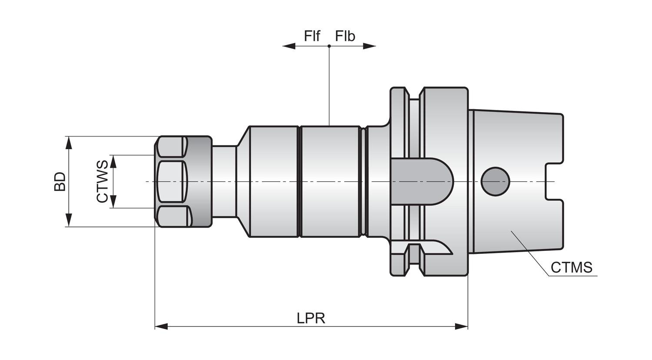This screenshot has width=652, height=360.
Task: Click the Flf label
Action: click(312, 36)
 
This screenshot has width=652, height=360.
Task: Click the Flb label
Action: click(345, 36)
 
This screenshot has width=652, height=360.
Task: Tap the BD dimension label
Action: click(60, 181)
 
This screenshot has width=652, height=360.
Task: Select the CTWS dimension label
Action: click(102, 181)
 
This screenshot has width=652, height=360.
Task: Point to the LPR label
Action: click(311, 318)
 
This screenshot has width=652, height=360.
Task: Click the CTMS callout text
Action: click(572, 267)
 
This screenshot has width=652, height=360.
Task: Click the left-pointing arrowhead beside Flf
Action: click(289, 46)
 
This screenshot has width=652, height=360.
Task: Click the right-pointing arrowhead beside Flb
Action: click(369, 46)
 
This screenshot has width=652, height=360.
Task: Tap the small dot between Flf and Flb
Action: click(329, 46)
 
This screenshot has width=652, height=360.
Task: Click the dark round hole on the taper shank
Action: click(495, 181)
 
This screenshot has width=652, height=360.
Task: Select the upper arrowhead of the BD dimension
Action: click(69, 143)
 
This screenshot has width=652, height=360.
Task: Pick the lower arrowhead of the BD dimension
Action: click(69, 220)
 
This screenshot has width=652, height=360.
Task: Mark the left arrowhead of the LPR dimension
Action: click(161, 327)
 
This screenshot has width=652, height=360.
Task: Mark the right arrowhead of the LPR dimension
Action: click(461, 327)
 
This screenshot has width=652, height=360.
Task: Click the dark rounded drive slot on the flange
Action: click(422, 181)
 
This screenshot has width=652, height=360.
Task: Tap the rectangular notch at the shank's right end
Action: click(554, 181)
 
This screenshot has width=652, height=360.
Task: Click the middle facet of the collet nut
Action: click(170, 181)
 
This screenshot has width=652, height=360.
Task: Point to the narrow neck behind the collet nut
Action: click(224, 181)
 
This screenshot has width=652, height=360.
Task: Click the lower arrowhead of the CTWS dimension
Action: click(113, 202)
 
